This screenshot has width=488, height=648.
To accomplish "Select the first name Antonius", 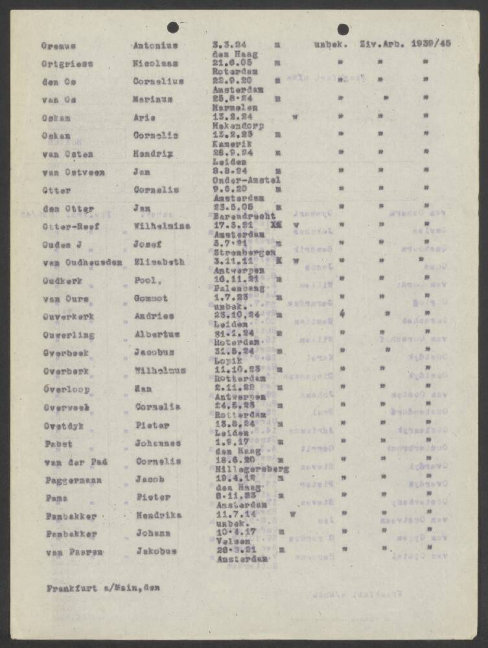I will tap(155, 46).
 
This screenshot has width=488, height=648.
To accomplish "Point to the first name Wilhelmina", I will tap(160, 227).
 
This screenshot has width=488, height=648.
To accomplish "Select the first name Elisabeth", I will tap(158, 262).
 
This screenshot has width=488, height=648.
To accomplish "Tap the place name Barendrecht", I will tap(244, 216).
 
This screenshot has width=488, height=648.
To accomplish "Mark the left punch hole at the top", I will tap(173, 27).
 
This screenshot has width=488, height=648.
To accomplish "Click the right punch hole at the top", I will tap(343, 29).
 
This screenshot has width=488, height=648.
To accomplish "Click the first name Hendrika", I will tap(158, 515).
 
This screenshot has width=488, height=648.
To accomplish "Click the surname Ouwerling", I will tap(69, 335).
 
